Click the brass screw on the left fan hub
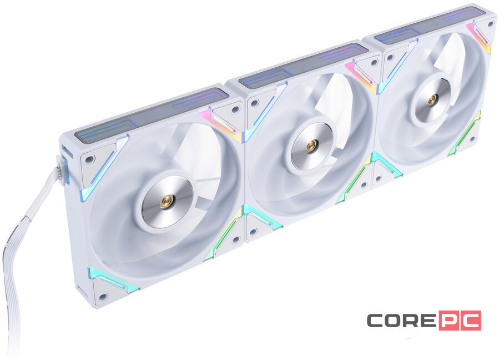pos(165,203)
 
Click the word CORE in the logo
pos(400,321)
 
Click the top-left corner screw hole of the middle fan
pos(254,103)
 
